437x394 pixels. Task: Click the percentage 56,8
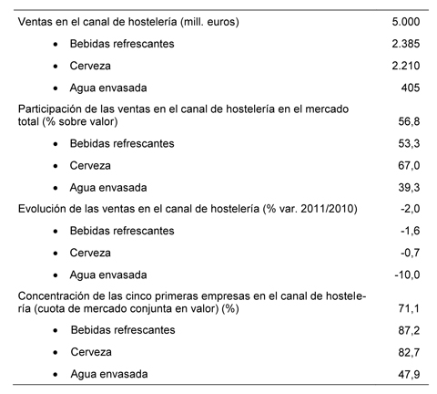coord(407,121)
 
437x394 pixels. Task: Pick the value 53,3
coord(407,143)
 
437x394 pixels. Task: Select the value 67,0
coord(407,166)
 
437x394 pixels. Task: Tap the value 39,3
coord(407,188)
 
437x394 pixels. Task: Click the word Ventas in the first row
coord(36,21)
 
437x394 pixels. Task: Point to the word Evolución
coord(42,210)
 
